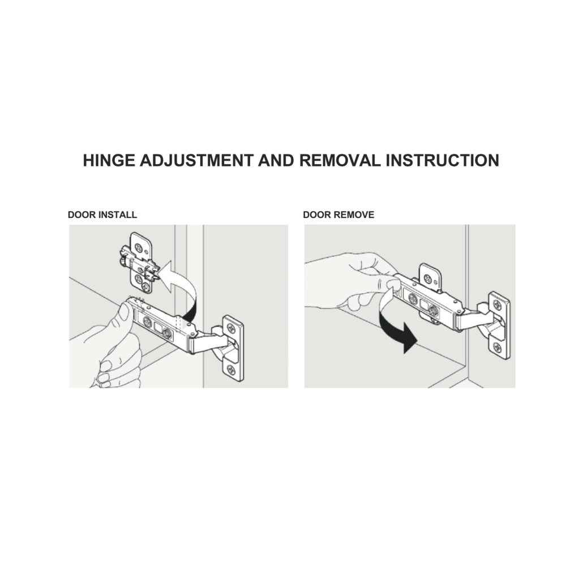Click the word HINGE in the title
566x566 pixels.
click(x=109, y=160)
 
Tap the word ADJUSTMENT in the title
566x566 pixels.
click(x=196, y=160)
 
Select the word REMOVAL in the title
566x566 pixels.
click(x=340, y=160)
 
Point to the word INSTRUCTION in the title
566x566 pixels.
click(x=443, y=160)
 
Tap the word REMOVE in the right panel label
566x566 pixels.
click(x=354, y=215)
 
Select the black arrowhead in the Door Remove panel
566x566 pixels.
click(x=410, y=338)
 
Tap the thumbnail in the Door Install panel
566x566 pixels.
click(x=124, y=312)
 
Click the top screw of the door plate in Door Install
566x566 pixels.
click(x=230, y=328)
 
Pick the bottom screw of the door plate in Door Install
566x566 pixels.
click(x=231, y=370)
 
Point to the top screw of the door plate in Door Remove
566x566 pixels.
click(x=497, y=305)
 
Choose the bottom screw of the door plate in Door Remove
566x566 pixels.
click(x=497, y=348)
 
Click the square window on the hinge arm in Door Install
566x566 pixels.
click(x=158, y=327)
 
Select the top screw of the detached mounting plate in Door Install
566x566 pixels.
click(x=139, y=248)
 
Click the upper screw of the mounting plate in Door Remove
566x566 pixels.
click(x=428, y=278)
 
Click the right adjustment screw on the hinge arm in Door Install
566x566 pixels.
click(x=168, y=333)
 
